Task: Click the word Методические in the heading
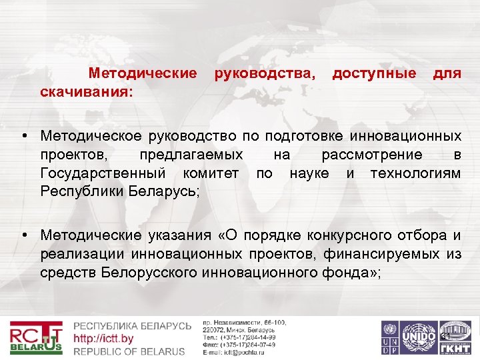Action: [x=143, y=72]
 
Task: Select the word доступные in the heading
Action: [x=374, y=72]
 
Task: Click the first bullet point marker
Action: [x=24, y=136]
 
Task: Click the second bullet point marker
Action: [x=24, y=235]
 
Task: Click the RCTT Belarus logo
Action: [x=37, y=338]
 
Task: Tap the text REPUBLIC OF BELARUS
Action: [x=129, y=351]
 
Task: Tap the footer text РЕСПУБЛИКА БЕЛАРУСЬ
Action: [x=132, y=326]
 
